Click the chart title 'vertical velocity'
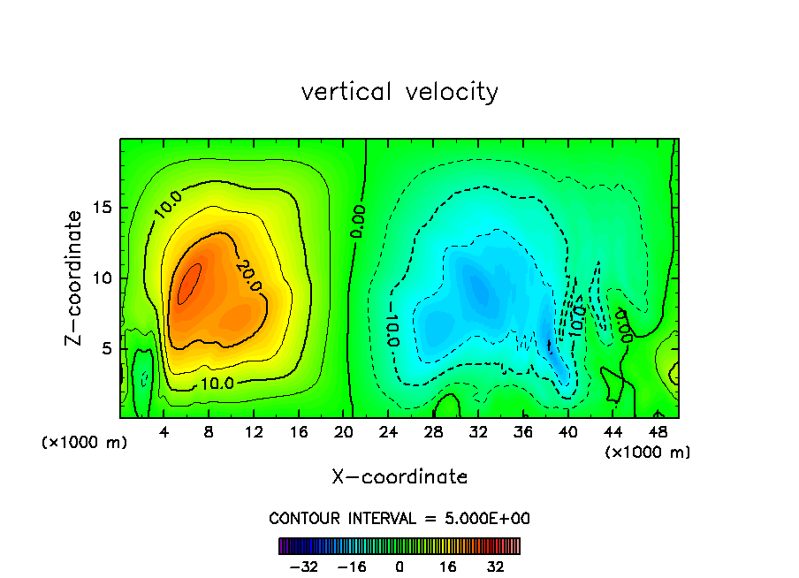[x=399, y=92]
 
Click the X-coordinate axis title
[x=399, y=477]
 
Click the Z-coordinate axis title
[x=74, y=278]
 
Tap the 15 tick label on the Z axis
[x=102, y=208]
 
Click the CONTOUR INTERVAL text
[x=399, y=519]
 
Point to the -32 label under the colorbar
[x=303, y=567]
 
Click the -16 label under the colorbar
[x=351, y=567]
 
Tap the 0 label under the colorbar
[x=399, y=567]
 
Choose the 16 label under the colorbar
[x=448, y=567]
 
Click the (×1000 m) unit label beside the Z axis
[x=85, y=442]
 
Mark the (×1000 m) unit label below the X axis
[x=648, y=452]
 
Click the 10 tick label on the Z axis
[x=102, y=278]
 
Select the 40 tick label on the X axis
[x=569, y=432]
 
